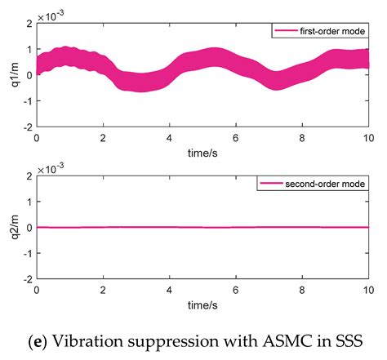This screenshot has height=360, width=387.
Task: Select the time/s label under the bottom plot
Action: pyautogui.click(x=202, y=304)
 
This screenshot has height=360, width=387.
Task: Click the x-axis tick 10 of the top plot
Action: pyautogui.click(x=367, y=138)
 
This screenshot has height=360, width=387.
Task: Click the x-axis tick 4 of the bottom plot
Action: pyautogui.click(x=169, y=291)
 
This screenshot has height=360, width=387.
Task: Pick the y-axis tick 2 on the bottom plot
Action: pyautogui.click(x=29, y=176)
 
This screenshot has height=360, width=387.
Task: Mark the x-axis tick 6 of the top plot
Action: pyautogui.click(x=235, y=138)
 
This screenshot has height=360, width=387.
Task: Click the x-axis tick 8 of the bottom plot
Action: pyautogui.click(x=301, y=291)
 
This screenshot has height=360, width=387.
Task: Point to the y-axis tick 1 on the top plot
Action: pyautogui.click(x=29, y=50)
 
